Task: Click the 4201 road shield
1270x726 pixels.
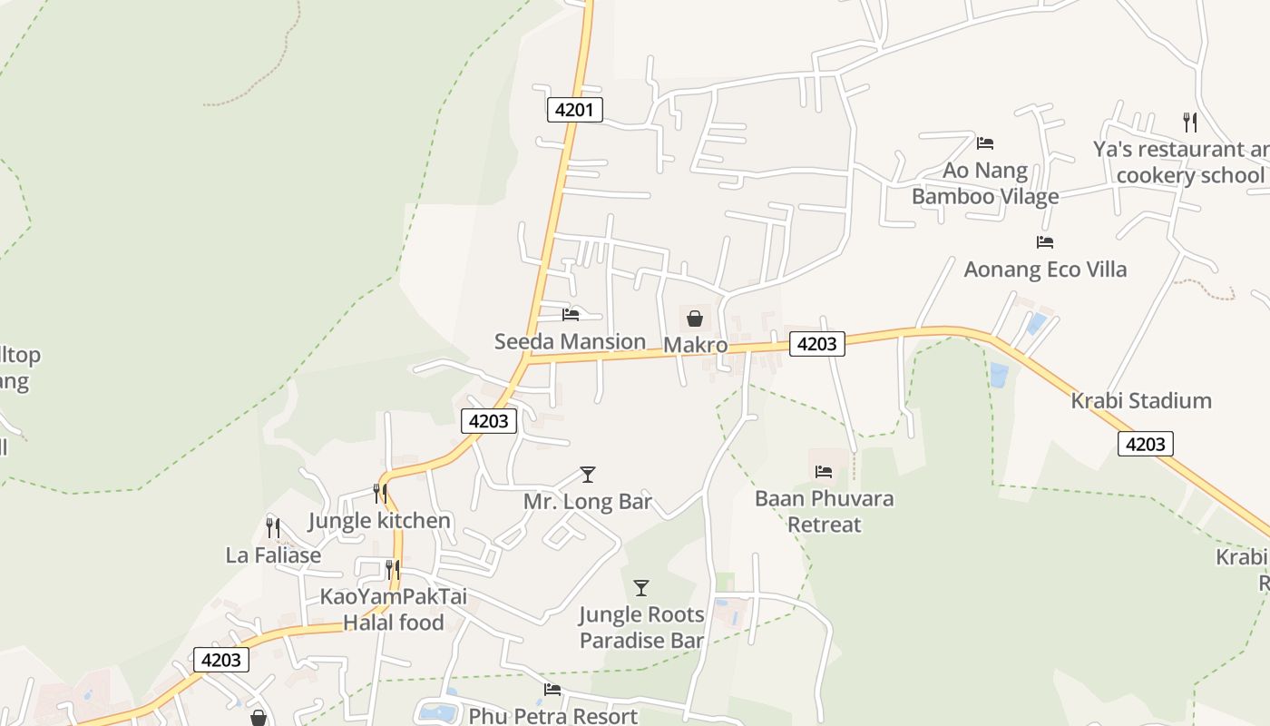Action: coord(574,110)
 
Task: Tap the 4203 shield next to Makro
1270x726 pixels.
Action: coord(816,343)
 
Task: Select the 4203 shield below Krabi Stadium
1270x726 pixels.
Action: coord(1145,444)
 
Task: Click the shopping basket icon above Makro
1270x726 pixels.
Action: coord(695,319)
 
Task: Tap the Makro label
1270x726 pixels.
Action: coord(696,345)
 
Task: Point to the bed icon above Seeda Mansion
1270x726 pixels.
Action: coord(571,315)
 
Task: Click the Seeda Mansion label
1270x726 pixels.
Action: coord(570,341)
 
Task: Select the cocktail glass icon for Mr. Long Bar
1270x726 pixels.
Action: coord(588,475)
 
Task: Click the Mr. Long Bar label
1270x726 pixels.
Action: coord(588,501)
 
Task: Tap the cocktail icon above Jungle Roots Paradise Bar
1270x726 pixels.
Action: coord(641,588)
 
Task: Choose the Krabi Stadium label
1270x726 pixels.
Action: coord(1141,400)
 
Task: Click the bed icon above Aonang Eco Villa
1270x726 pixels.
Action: coord(1045,242)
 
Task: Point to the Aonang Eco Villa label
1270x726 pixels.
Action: coord(1045,269)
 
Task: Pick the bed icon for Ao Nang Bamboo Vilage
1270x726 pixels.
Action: coord(985,143)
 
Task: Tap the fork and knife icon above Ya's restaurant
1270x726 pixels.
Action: coord(1190,122)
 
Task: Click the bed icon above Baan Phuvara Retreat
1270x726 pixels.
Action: coord(824,472)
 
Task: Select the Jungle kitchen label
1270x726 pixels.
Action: coord(379,520)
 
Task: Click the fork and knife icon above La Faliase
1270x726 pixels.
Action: coord(273,527)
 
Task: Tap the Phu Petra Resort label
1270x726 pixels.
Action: coord(552,716)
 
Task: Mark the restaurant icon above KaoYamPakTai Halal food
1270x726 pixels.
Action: coord(393,570)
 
